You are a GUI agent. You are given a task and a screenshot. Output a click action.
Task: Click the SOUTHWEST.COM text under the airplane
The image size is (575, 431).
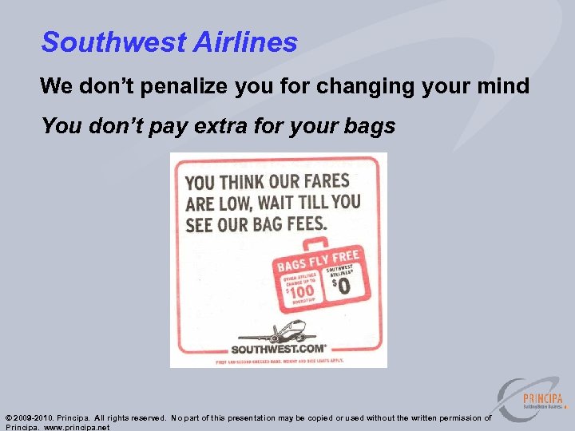tap(278, 349)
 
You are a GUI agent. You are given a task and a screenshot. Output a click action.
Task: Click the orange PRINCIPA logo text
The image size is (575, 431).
tap(542, 398)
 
